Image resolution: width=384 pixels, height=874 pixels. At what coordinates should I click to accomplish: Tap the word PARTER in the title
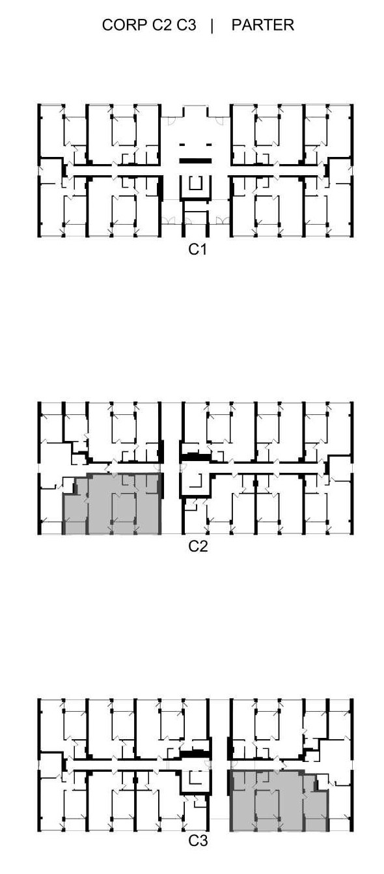pyautogui.click(x=263, y=25)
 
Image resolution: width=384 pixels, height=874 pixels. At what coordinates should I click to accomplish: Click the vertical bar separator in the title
pyautogui.click(x=212, y=25)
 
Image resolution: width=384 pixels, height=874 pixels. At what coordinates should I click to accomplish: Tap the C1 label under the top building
pyautogui.click(x=197, y=249)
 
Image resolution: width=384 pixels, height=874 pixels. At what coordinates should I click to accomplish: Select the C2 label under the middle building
pyautogui.click(x=198, y=546)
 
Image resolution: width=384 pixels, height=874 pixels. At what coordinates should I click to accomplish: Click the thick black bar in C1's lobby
pyautogui.click(x=195, y=160)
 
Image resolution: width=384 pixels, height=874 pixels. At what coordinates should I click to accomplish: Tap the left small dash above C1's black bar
pyautogui.click(x=182, y=145)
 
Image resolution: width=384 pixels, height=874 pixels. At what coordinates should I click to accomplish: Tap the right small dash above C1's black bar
pyautogui.click(x=209, y=145)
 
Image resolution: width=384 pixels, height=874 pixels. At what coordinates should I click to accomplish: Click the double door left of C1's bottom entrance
pyautogui.click(x=168, y=221)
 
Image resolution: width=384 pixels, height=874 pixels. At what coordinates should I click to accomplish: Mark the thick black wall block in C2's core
pyautogui.click(x=195, y=457)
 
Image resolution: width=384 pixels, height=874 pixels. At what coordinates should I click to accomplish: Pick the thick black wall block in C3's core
pyautogui.click(x=194, y=754)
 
